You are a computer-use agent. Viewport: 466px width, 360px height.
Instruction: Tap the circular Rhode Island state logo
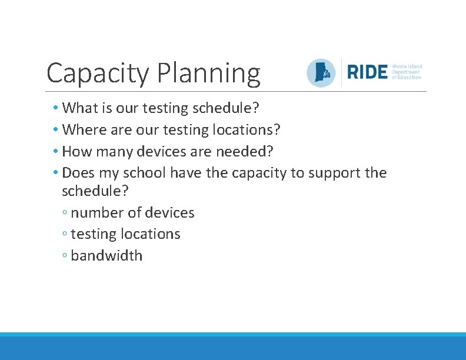pos(321,73)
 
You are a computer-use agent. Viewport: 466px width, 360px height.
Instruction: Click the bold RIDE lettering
pos(367,72)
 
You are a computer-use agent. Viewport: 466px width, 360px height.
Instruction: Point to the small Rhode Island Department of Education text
pos(407,72)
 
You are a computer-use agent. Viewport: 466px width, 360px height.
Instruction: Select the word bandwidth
pos(106,256)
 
